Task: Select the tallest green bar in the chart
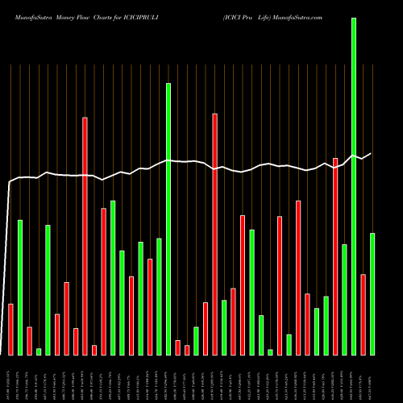click(354, 186)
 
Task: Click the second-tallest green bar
click(168, 218)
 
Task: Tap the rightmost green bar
click(372, 293)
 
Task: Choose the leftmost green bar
click(20, 287)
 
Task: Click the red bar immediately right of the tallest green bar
click(363, 314)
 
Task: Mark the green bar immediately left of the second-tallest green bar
click(160, 296)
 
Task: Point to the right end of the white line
click(372, 153)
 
